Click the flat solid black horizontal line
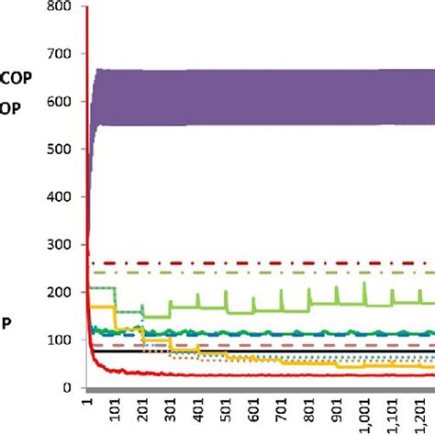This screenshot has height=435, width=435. tap(115, 351)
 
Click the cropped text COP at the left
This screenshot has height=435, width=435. tap(17, 79)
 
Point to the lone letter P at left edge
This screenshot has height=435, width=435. tap(6, 323)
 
